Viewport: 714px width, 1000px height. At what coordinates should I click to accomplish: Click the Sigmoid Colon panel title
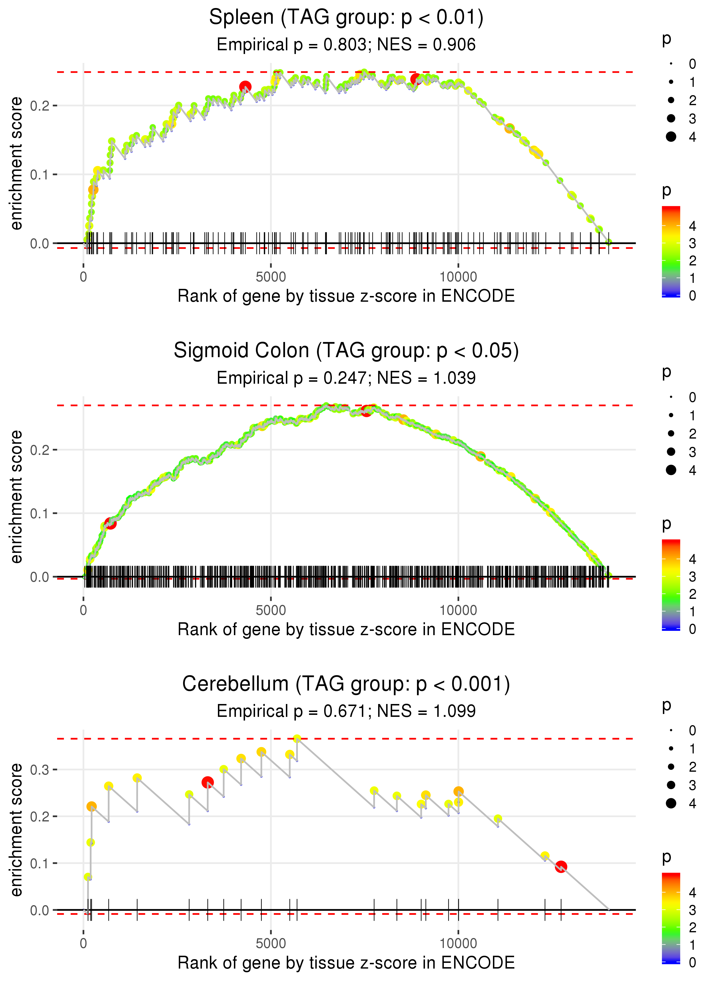tap(346, 351)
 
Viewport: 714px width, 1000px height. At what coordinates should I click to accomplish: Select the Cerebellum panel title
tap(346, 684)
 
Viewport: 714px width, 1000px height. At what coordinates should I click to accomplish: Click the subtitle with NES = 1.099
tap(346, 711)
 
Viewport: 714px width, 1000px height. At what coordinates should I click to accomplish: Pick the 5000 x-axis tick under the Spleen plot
tap(271, 277)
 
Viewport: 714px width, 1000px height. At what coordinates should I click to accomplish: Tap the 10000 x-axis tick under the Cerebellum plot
tap(458, 943)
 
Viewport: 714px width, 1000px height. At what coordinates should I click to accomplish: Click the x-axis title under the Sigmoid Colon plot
tap(346, 629)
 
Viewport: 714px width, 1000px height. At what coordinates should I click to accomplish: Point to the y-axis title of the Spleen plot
tap(17, 164)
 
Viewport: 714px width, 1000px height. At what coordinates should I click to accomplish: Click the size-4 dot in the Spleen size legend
tap(671, 137)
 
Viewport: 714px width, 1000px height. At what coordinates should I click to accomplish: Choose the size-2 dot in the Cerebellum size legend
tap(671, 767)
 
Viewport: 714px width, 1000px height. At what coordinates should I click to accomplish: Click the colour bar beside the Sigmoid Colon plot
tap(671, 585)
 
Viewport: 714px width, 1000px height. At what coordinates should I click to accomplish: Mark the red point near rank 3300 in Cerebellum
tap(208, 782)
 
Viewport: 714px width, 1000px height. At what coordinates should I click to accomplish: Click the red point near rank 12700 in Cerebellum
tap(561, 867)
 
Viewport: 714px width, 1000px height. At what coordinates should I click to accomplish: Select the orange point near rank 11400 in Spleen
tap(510, 128)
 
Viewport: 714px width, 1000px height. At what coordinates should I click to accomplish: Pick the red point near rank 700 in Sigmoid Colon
tap(110, 523)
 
